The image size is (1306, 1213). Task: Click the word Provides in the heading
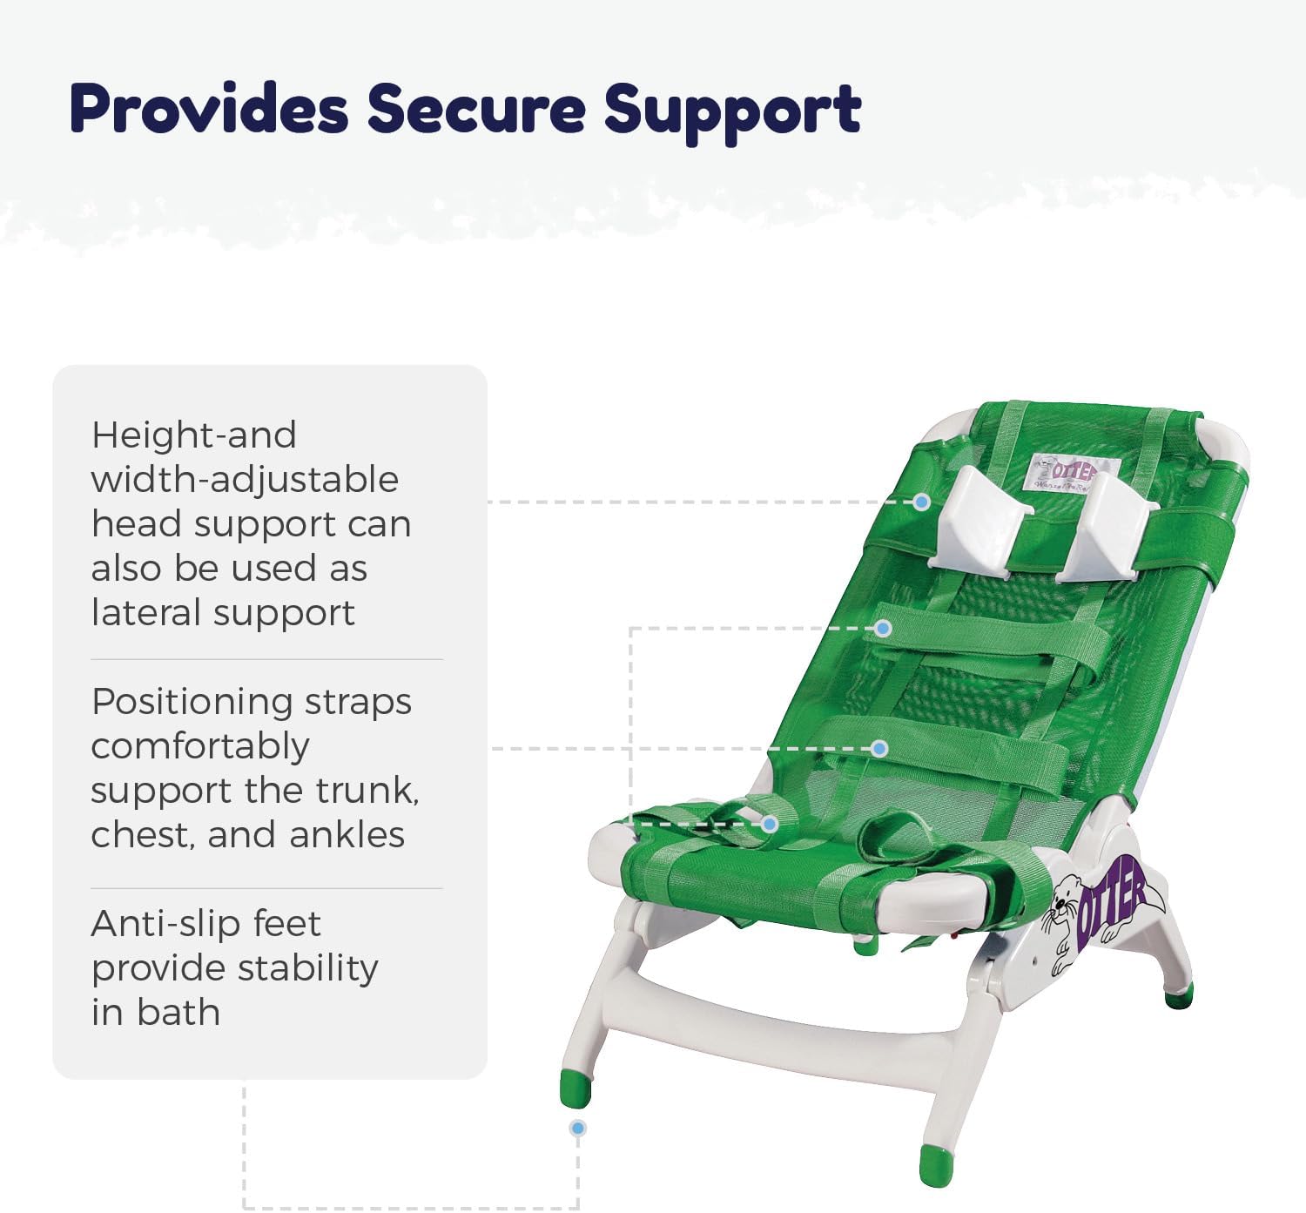(x=209, y=109)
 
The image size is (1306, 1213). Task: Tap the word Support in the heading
(x=732, y=111)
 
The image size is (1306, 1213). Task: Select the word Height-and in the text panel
(x=193, y=435)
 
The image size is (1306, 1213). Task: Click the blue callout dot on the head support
(x=921, y=502)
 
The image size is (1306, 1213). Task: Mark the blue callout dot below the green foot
(x=577, y=1128)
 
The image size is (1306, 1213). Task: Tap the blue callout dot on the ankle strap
(x=770, y=823)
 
